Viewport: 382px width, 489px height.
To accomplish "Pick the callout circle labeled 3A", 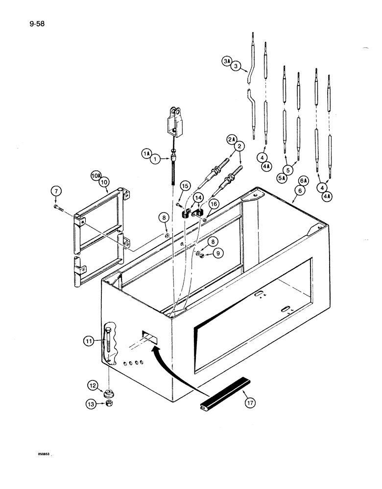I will tap(226, 61).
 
